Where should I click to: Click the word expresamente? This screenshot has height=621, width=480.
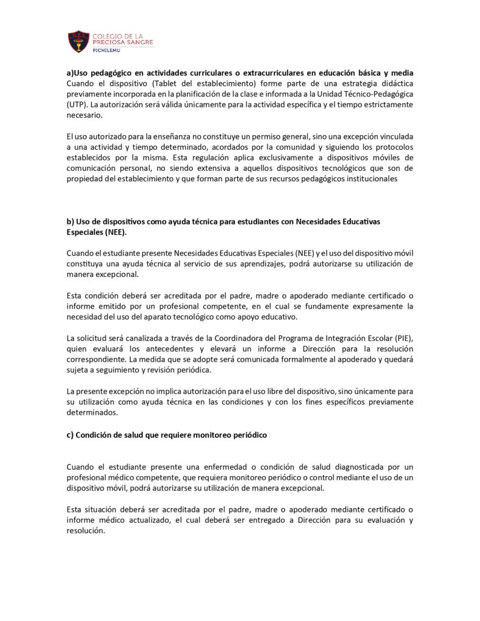(x=377, y=306)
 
